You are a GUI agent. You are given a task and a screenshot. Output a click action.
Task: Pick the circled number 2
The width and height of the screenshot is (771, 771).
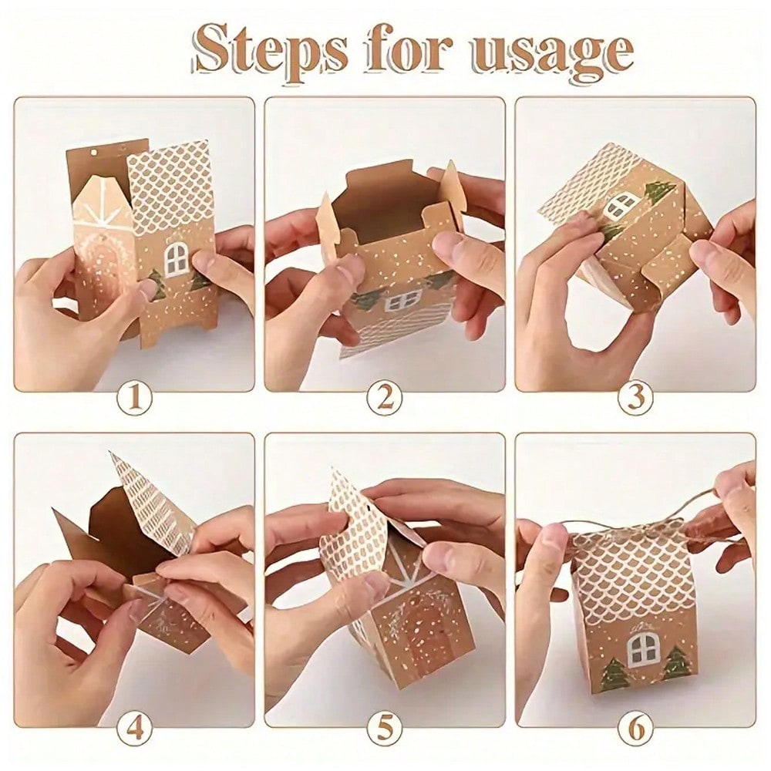coord(385,399)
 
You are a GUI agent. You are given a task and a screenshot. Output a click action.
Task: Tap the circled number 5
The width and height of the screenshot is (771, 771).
coord(385,727)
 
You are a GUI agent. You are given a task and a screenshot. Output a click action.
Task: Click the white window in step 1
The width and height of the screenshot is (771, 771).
coord(177,258)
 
